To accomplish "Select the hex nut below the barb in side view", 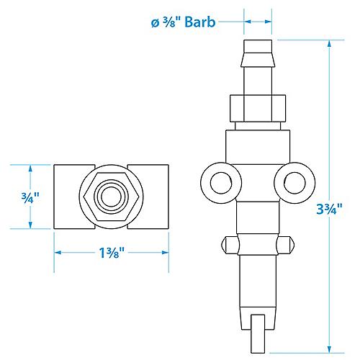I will tap(258, 107).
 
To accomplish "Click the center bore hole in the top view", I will tap(112, 196).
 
